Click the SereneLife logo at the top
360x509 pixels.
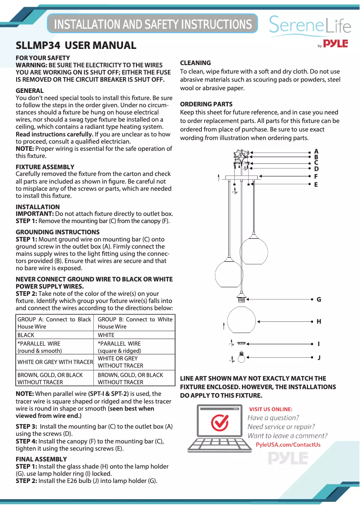click(310, 25)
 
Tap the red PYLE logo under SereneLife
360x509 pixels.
click(336, 44)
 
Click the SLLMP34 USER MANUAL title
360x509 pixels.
click(76, 45)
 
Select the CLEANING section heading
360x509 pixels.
click(195, 63)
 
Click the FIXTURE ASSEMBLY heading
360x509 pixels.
click(45, 167)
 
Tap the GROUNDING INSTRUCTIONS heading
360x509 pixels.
click(57, 232)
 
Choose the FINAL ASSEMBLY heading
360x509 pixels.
click(41, 459)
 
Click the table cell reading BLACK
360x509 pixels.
click(26, 335)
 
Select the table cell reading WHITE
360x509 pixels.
click(106, 335)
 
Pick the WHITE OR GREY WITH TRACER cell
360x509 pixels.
click(55, 362)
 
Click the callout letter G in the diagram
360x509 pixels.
click(319, 299)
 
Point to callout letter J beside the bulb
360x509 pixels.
click(319, 358)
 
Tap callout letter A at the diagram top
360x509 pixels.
click(316, 152)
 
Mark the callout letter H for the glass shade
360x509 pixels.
click(319, 321)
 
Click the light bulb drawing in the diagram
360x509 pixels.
click(242, 357)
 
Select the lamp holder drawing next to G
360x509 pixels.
click(242, 298)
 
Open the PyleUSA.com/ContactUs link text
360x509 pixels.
click(288, 445)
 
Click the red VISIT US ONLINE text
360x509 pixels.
click(271, 409)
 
